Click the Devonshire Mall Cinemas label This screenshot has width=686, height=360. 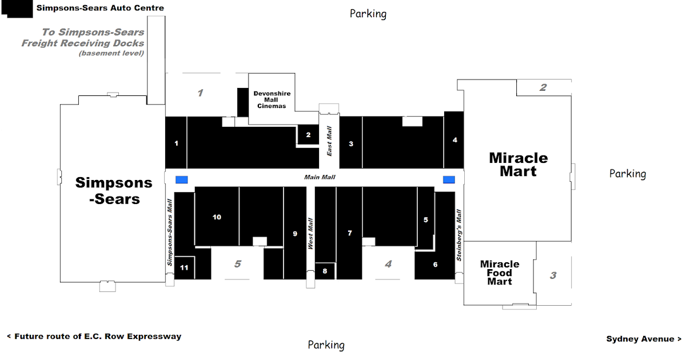[272, 100]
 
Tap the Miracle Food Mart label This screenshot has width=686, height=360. [500, 273]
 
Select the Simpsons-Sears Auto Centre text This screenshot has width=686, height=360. [100, 8]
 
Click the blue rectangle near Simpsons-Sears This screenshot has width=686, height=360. [182, 179]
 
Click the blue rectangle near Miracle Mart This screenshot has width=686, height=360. [449, 179]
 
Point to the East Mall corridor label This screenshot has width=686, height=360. [329, 141]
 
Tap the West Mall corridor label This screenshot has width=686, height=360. [310, 234]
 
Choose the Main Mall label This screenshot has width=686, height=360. [320, 177]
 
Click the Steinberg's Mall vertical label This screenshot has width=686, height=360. [458, 235]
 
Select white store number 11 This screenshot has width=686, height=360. [184, 268]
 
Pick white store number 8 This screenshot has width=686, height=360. [325, 271]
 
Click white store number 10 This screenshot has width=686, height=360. [217, 217]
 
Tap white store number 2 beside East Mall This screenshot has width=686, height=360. [308, 135]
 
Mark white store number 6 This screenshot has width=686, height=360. [435, 265]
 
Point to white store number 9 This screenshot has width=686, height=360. [295, 234]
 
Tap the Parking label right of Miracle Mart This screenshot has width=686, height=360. [628, 174]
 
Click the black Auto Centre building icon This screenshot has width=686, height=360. [17, 9]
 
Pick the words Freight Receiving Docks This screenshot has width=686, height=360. [83, 43]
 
